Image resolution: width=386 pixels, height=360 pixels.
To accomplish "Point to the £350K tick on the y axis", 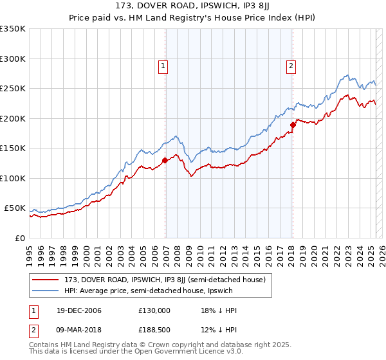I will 13,29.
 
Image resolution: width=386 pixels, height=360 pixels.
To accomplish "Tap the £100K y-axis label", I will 13,178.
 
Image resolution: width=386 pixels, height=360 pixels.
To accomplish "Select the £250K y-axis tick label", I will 13,89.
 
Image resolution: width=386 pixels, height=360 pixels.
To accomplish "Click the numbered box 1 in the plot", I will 163,65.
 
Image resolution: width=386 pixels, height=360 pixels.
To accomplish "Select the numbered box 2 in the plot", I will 291,65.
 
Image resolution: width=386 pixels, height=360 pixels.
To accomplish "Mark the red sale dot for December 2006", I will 165,161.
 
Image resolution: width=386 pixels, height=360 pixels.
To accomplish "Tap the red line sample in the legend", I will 46,280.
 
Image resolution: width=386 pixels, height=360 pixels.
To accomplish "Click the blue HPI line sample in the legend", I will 46,291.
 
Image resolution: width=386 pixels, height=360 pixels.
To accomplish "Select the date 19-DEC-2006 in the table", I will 74,310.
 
